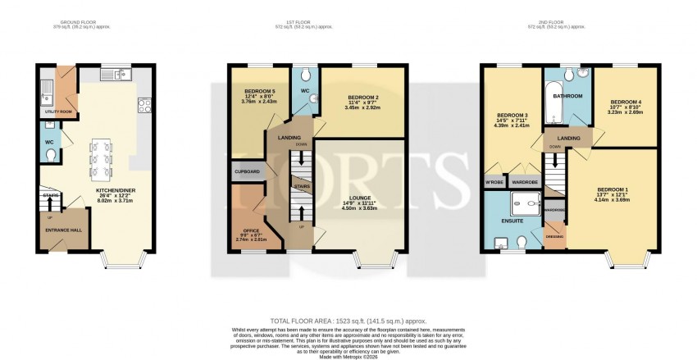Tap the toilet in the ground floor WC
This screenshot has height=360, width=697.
[x=50, y=154]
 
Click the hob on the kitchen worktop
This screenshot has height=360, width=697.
[x=143, y=105]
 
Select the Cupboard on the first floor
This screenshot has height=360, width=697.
[x=248, y=171]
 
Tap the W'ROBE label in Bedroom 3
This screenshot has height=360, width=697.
[x=494, y=181]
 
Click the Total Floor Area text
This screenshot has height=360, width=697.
[x=348, y=321]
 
